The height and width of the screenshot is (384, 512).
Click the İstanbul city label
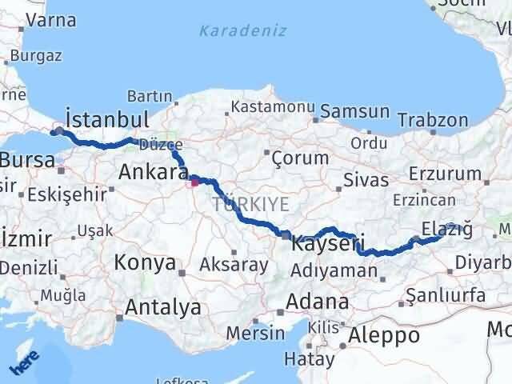tap(108, 119)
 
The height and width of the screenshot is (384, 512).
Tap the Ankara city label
tap(153, 171)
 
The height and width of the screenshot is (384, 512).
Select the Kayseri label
tap(329, 242)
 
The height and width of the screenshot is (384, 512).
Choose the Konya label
tap(145, 262)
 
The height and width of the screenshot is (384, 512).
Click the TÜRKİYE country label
tap(251, 205)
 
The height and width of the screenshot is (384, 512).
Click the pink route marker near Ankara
tap(194, 182)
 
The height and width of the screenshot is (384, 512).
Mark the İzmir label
tap(27, 238)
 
